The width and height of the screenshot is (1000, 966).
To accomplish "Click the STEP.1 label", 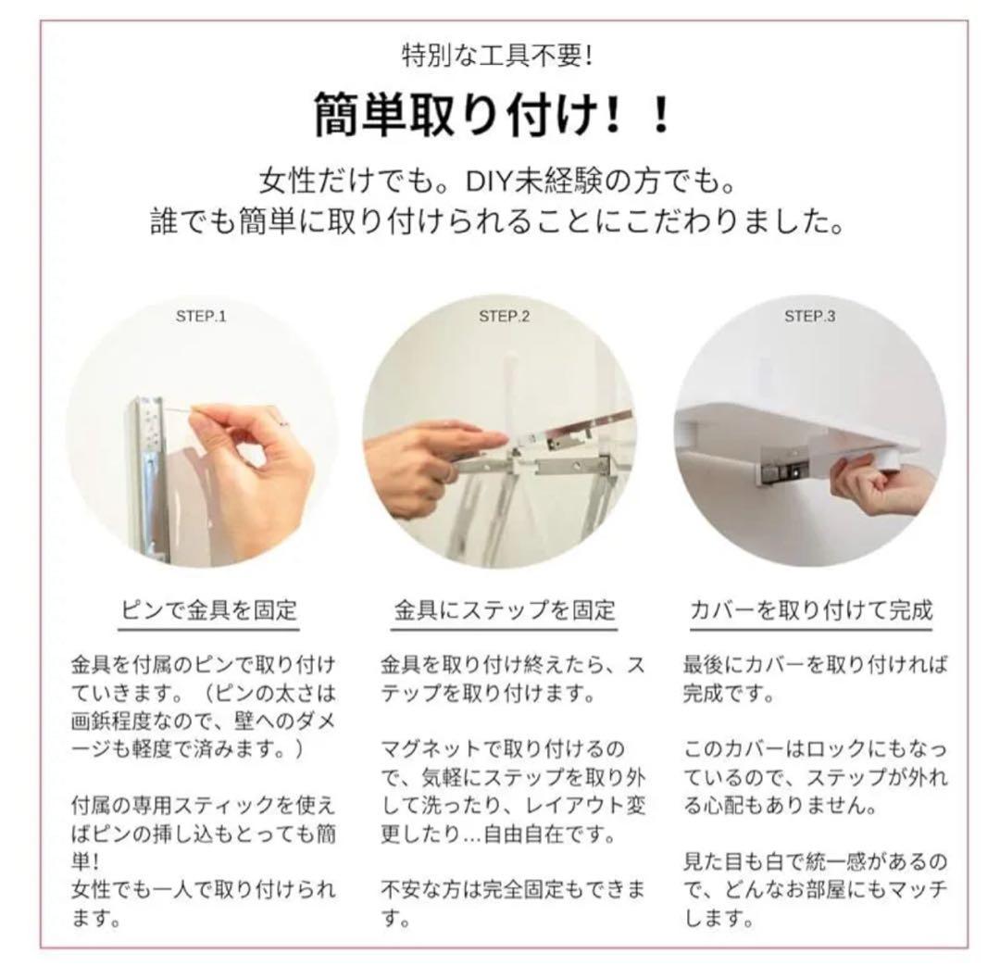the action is click(201, 317).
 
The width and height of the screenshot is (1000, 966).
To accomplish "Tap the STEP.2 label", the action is click(504, 317).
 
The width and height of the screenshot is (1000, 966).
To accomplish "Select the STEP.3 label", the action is click(809, 317).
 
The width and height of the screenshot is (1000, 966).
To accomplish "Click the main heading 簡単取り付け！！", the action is click(492, 115).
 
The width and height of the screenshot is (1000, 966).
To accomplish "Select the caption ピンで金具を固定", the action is click(209, 610).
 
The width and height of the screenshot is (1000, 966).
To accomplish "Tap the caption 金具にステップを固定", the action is click(505, 610).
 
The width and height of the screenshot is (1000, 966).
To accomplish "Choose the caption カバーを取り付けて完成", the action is click(811, 610).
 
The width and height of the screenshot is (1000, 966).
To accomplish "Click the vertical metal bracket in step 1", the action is click(148, 479).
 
